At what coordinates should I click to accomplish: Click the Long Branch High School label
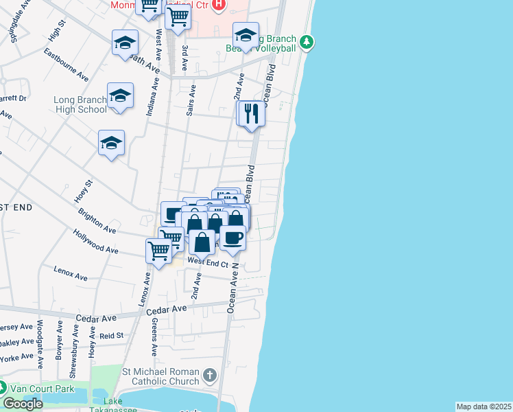click(x=80, y=104)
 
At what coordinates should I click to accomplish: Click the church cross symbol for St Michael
click(x=210, y=376)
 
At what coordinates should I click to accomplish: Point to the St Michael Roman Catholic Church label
click(x=161, y=376)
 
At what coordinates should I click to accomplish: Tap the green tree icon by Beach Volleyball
click(x=308, y=43)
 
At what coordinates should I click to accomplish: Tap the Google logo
click(x=23, y=404)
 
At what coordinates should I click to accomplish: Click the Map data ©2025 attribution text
click(x=484, y=407)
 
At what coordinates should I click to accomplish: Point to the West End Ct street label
click(x=208, y=262)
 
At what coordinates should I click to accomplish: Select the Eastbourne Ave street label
click(x=66, y=63)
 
